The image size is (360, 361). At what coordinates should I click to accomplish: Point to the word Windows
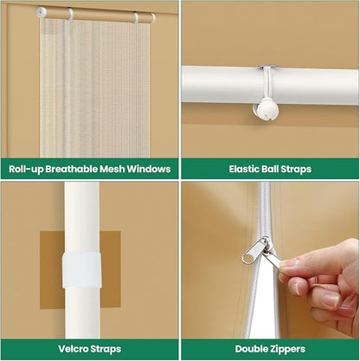pyautogui.click(x=149, y=169)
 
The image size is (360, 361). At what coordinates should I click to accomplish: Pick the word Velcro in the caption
pyautogui.click(x=74, y=349)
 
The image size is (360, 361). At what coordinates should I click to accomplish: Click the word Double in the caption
pyautogui.click(x=250, y=349)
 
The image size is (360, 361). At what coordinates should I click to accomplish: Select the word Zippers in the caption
pyautogui.click(x=286, y=349)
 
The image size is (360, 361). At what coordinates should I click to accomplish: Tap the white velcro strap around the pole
pyautogui.click(x=81, y=270)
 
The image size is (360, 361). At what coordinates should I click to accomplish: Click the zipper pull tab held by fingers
pyautogui.click(x=277, y=258)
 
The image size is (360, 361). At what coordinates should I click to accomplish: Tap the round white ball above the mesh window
pyautogui.click(x=42, y=12)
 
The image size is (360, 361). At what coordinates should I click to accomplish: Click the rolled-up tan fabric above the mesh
pyautogui.click(x=98, y=16)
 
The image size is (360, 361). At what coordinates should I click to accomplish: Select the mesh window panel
pyautogui.click(x=94, y=88)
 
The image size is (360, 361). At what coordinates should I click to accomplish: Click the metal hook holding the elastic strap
pyautogui.click(x=268, y=67)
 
